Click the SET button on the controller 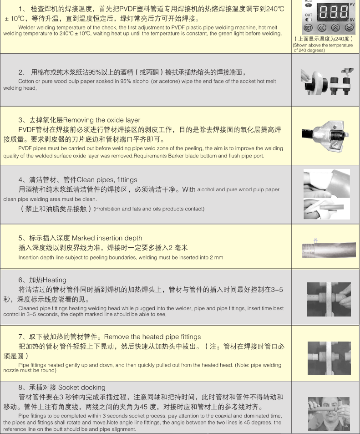308,27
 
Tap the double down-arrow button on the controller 349,27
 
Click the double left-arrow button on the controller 322,27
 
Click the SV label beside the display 352,20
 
